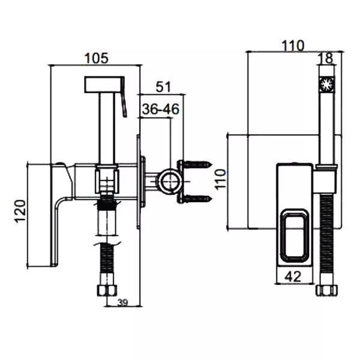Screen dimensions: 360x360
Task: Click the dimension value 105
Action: [96, 58]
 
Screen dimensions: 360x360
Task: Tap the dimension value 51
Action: [163, 87]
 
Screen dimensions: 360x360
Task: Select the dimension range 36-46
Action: [160, 109]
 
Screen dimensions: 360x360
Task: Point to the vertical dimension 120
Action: [20, 211]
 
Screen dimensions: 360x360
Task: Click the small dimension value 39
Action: [122, 302]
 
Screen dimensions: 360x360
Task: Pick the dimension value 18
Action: [328, 58]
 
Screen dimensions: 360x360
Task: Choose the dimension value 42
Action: [293, 276]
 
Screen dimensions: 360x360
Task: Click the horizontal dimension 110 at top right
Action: [293, 46]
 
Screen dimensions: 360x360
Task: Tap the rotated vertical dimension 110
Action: [221, 179]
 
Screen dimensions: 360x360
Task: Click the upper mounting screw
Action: [197, 164]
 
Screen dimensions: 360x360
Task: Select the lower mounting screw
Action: [197, 199]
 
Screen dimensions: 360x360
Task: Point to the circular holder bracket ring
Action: [170, 181]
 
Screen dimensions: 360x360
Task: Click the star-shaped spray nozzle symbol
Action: [327, 85]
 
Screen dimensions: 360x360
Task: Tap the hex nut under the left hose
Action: [107, 290]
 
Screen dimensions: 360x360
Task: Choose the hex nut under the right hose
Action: [327, 290]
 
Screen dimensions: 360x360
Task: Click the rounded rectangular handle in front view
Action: [295, 236]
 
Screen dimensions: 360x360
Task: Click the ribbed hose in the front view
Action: [326, 239]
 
